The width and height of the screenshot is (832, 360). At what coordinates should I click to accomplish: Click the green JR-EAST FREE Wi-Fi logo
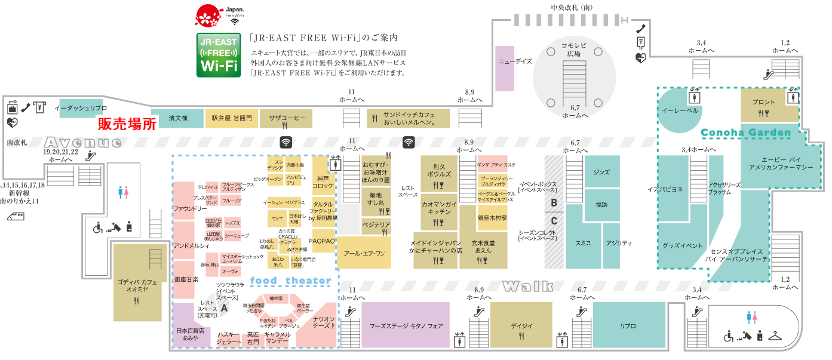(219, 55)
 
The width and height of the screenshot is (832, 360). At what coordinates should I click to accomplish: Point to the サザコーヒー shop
(287, 118)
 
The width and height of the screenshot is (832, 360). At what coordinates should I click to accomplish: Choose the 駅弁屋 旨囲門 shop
(232, 118)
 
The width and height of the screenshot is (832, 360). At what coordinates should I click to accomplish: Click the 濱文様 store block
(177, 118)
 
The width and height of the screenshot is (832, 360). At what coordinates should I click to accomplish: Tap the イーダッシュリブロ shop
(81, 108)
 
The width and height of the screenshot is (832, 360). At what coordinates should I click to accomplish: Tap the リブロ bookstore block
(628, 325)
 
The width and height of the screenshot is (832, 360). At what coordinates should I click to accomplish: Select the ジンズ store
(601, 172)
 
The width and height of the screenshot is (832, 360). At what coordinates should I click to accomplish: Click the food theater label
(290, 281)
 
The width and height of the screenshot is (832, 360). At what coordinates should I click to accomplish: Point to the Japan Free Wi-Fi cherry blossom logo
(209, 16)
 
